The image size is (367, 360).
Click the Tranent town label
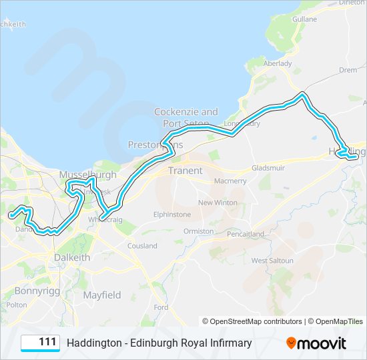click(x=185, y=171)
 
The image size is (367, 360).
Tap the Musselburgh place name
click(x=87, y=175)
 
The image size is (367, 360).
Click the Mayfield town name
click(x=102, y=295)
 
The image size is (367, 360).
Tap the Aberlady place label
click(x=278, y=63)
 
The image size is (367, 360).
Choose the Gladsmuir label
click(x=269, y=169)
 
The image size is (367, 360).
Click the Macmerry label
click(x=230, y=181)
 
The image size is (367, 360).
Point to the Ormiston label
click(x=199, y=231)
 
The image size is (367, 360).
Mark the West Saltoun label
click(x=272, y=260)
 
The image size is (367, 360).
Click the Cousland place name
click(x=142, y=246)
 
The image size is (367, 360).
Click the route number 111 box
click(x=41, y=343)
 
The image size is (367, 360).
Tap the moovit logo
click(x=316, y=343)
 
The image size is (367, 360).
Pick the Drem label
click(x=347, y=69)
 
